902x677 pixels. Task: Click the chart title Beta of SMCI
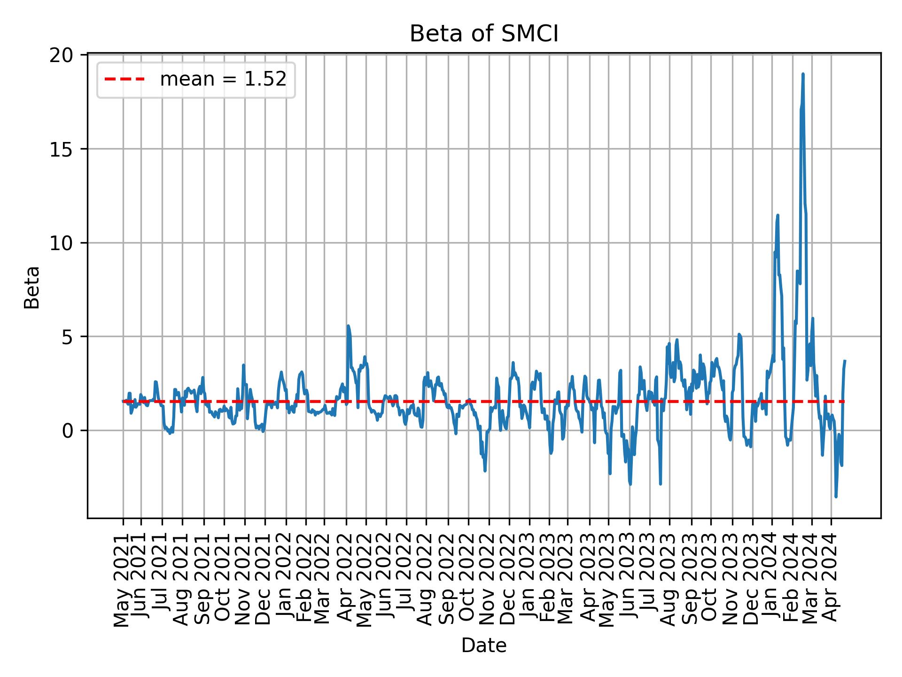(x=483, y=34)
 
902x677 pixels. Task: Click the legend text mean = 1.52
(x=223, y=80)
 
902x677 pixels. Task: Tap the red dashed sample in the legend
(x=124, y=80)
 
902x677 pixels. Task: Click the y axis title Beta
(x=32, y=287)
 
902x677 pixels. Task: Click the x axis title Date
(x=483, y=646)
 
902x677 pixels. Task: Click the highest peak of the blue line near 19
(x=803, y=74)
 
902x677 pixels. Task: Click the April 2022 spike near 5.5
(x=348, y=325)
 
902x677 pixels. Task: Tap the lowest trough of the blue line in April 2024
(x=836, y=496)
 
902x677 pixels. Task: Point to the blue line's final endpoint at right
(x=845, y=361)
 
